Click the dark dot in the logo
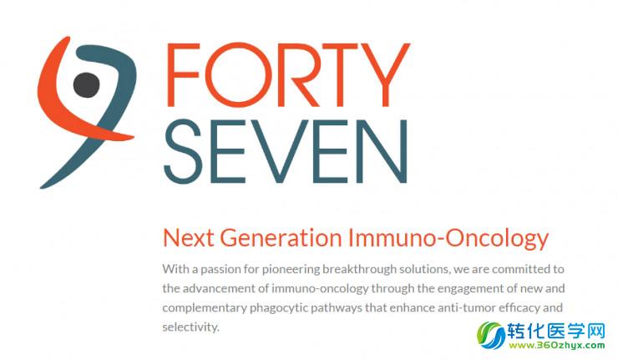[x=86, y=84]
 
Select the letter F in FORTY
[x=183, y=75]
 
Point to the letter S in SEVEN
[x=183, y=151]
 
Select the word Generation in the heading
[x=281, y=238]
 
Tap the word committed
[x=520, y=269]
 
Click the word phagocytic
[x=278, y=308]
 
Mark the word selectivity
[x=190, y=327]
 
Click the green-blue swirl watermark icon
[x=491, y=335]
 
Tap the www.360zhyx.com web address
[x=557, y=346]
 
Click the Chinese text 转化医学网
[x=555, y=331]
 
